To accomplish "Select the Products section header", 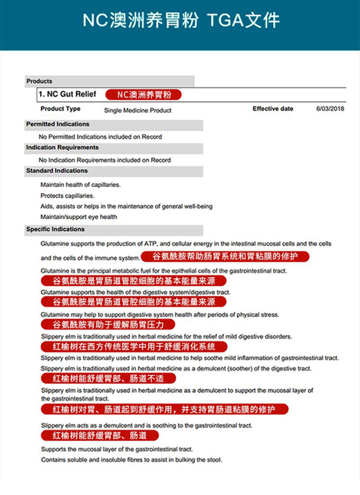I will pyautogui.click(x=39, y=82).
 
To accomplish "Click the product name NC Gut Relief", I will pyautogui.click(x=67, y=94).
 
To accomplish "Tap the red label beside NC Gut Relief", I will pyautogui.click(x=144, y=95).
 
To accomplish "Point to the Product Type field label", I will pyautogui.click(x=60, y=109).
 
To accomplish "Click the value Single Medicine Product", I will pyautogui.click(x=138, y=110).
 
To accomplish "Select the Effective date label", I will pyautogui.click(x=273, y=109).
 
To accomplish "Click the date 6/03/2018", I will pyautogui.click(x=330, y=109).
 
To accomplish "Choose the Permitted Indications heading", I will pyautogui.click(x=58, y=124).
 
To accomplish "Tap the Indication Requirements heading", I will pyautogui.click(x=62, y=148).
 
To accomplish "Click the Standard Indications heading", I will pyautogui.click(x=57, y=171).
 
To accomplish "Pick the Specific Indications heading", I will pyautogui.click(x=55, y=229).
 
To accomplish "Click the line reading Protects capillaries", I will pyautogui.click(x=67, y=196).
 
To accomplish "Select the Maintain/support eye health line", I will pyautogui.click(x=79, y=217).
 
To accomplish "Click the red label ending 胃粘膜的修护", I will pyautogui.click(x=225, y=257).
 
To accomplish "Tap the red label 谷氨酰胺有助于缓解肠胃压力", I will pyautogui.click(x=108, y=324).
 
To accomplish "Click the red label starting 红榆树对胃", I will pyautogui.click(x=164, y=409).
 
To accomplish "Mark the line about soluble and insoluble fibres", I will pyautogui.click(x=131, y=460).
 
